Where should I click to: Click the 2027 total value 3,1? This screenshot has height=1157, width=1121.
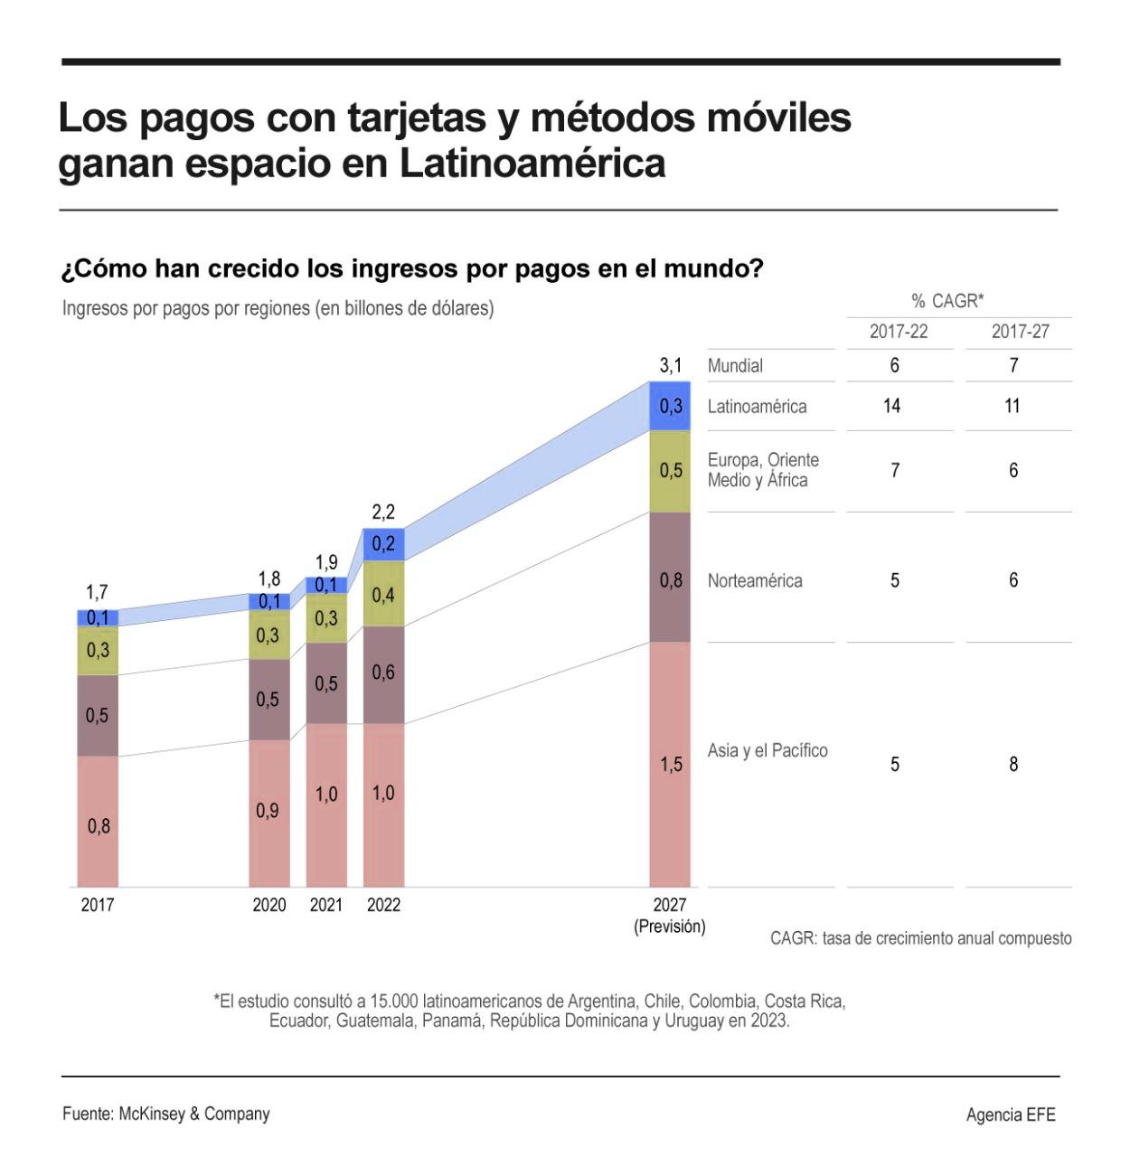(670, 366)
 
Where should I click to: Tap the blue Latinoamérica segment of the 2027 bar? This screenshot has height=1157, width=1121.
(670, 406)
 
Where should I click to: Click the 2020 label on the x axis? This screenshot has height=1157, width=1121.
(268, 905)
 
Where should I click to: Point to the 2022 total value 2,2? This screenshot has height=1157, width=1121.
(383, 513)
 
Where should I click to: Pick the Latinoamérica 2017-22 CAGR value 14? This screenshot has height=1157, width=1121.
(891, 406)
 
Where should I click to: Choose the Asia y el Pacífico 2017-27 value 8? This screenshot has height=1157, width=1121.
(1013, 764)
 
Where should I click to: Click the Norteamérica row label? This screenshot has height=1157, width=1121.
(755, 580)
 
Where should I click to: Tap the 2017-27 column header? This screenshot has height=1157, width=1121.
(1020, 332)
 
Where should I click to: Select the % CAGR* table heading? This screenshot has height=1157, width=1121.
(947, 301)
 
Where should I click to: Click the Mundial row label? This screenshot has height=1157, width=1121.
(735, 366)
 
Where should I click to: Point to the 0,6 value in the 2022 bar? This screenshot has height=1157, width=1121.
(383, 673)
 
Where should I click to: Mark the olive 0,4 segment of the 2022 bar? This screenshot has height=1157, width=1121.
(383, 594)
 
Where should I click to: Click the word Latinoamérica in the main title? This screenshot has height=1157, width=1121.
(532, 164)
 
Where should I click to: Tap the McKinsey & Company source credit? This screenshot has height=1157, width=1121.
(193, 1114)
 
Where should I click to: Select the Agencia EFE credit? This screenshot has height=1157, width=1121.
(1010, 1115)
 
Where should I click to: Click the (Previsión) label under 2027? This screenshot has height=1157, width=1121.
(670, 927)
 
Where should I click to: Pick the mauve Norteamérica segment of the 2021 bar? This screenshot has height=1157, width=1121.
(326, 683)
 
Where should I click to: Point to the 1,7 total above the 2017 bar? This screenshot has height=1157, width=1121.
(97, 592)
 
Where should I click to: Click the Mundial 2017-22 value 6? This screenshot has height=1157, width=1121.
(894, 366)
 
